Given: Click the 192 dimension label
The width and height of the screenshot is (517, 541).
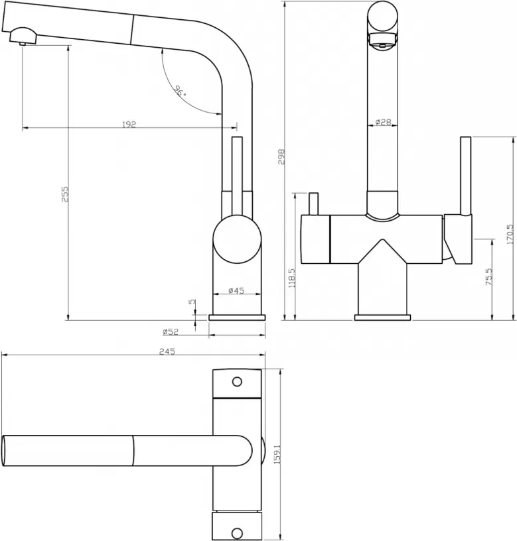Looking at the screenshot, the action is click(x=129, y=124).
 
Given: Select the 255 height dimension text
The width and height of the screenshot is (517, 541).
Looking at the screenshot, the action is click(x=65, y=194).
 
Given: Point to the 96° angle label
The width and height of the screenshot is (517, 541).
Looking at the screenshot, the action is click(x=180, y=91).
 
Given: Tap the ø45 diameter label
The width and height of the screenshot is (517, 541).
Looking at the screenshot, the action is click(x=236, y=290).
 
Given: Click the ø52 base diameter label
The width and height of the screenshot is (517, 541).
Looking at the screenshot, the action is click(x=171, y=331).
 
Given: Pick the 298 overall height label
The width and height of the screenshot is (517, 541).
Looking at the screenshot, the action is click(x=281, y=156).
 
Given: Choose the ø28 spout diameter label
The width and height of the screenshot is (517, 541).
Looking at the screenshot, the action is click(x=383, y=122).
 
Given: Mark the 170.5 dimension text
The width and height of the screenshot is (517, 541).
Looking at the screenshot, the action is click(x=510, y=234).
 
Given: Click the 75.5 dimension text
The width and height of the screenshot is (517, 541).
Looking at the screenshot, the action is click(x=489, y=276).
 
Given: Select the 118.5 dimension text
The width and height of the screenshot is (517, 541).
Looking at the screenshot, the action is click(x=292, y=278).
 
